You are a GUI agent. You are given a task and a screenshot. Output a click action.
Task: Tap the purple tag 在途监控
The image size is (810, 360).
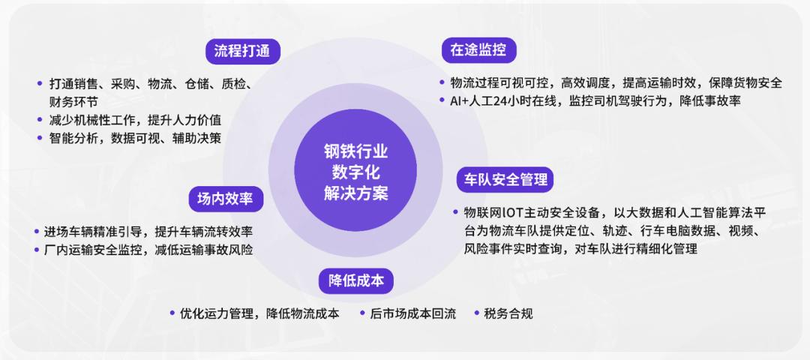[x=478, y=50]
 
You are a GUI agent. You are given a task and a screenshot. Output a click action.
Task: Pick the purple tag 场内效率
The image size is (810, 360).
[x=225, y=199]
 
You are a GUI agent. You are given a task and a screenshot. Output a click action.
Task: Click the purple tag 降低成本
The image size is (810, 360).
[x=356, y=280]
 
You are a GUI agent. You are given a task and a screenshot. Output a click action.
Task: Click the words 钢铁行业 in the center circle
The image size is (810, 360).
[x=356, y=152]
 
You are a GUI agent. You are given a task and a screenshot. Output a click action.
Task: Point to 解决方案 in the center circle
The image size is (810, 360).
[x=356, y=193]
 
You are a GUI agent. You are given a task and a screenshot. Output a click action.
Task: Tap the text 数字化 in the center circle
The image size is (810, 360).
[x=356, y=172]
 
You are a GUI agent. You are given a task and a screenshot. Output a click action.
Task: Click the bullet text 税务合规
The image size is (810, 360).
[x=508, y=313]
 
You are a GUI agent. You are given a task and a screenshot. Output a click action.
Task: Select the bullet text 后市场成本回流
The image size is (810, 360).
[x=412, y=313]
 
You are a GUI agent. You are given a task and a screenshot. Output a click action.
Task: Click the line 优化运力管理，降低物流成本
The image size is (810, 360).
[x=259, y=313]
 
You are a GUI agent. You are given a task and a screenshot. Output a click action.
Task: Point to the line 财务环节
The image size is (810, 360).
[x=73, y=100]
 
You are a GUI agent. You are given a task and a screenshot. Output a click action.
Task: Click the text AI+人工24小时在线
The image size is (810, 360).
[x=498, y=100]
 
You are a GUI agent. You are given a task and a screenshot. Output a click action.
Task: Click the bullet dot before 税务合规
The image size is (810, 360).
[x=475, y=313]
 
